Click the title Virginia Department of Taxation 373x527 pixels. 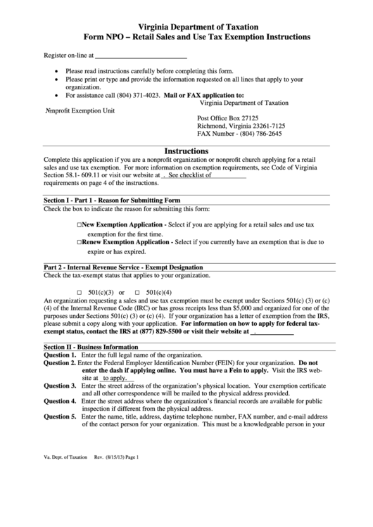coord(186,24)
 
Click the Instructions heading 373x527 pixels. coord(186,151)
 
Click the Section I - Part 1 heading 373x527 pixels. coord(112,201)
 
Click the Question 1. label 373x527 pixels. coord(61,355)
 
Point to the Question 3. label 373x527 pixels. coord(61,386)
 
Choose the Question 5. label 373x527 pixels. coord(61,417)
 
